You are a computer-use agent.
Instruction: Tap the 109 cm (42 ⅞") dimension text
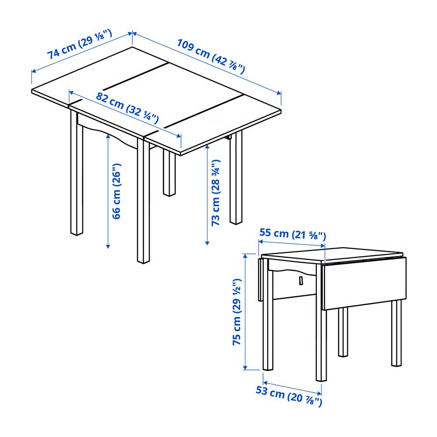pyautogui.click(x=211, y=57)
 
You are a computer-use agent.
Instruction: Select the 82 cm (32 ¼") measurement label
pyautogui.click(x=128, y=108)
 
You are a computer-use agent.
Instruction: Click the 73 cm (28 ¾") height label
pyautogui.click(x=216, y=192)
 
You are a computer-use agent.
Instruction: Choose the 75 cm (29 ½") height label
pyautogui.click(x=237, y=312)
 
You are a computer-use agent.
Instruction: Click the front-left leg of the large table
pyautogui.click(x=77, y=173)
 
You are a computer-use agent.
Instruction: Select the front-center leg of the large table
pyautogui.click(x=143, y=201)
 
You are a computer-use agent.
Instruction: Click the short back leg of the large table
pyautogui.click(x=170, y=173)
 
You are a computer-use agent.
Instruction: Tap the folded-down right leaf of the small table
pyautogui.click(x=364, y=283)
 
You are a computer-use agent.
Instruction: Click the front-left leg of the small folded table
pyautogui.click(x=268, y=315)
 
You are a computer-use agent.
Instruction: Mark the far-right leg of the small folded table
pyautogui.click(x=396, y=333)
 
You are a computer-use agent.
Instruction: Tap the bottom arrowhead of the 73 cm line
pyautogui.click(x=207, y=243)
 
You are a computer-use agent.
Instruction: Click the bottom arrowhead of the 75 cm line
pyautogui.click(x=245, y=368)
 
